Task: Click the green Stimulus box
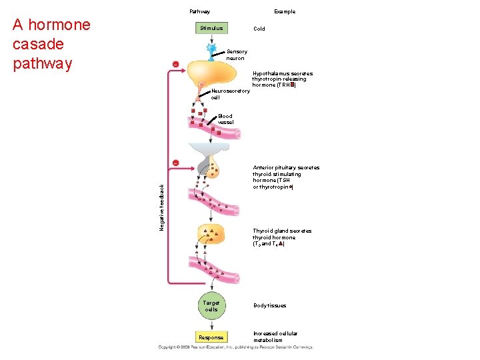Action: (x=211, y=28)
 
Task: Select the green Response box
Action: (x=211, y=337)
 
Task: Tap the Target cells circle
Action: (x=211, y=306)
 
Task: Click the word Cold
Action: (x=259, y=29)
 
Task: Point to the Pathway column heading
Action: (x=199, y=11)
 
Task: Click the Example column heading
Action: (x=285, y=11)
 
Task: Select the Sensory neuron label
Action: (x=237, y=55)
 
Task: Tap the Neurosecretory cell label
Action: (x=230, y=94)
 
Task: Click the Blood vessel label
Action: (x=225, y=119)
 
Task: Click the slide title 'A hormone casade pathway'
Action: (x=51, y=44)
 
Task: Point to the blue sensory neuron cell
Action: (x=211, y=49)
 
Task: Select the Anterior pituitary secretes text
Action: (x=286, y=177)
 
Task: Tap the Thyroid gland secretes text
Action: (x=281, y=237)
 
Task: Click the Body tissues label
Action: (x=269, y=305)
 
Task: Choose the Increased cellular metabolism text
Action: (x=275, y=337)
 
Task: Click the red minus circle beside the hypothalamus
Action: (x=175, y=64)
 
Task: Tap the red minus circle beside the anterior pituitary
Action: (x=175, y=163)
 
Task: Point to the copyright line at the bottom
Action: (x=235, y=347)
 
